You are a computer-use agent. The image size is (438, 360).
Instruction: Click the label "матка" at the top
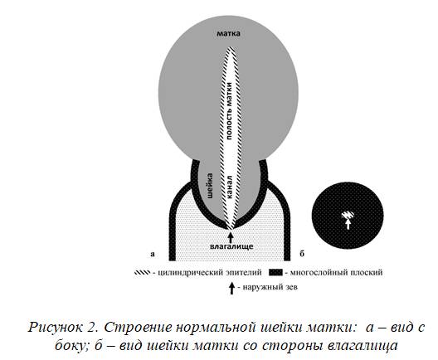[228, 33]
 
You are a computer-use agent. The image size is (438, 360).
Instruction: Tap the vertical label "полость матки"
[229, 111]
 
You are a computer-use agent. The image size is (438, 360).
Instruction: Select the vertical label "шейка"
[209, 186]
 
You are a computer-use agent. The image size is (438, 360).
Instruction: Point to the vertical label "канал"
[229, 187]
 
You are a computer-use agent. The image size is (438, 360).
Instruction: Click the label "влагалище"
[231, 246]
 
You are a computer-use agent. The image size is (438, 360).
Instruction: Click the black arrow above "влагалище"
[231, 237]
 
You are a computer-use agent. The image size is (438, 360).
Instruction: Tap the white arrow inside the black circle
[348, 224]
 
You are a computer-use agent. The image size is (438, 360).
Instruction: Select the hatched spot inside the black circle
[348, 215]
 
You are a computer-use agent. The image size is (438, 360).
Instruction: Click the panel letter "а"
[153, 254]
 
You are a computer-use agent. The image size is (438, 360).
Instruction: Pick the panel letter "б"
[302, 254]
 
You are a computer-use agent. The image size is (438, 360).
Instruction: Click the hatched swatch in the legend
[142, 273]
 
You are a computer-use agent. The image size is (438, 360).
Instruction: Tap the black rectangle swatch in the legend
[275, 273]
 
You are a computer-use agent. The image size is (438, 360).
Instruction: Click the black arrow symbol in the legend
[231, 288]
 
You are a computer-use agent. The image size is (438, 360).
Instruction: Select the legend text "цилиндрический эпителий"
[210, 272]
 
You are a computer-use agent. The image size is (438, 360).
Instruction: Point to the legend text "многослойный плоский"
[336, 272]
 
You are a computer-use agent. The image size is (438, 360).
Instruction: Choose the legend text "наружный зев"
[270, 287]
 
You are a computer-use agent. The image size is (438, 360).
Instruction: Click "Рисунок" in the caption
[56, 328]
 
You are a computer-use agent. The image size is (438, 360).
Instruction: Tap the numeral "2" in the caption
[92, 327]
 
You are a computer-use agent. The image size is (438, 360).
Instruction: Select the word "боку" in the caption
[71, 346]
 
